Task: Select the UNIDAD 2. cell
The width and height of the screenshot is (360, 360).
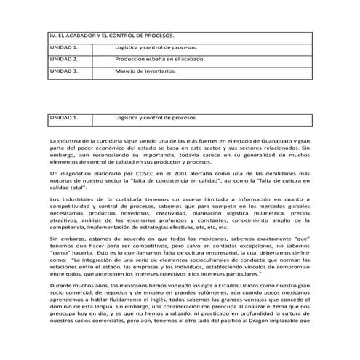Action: pos(63,59)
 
